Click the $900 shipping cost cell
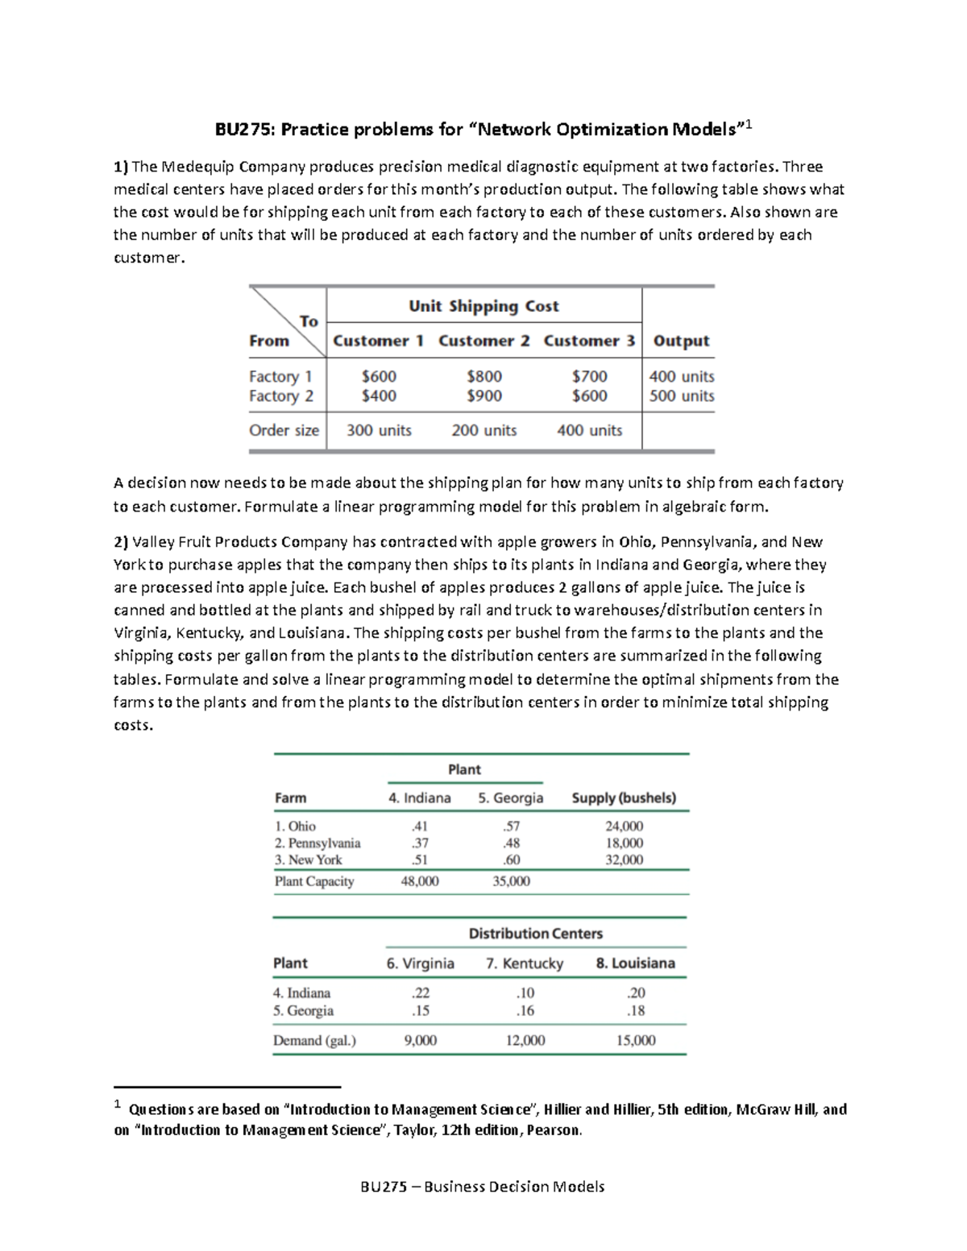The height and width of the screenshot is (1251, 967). [x=483, y=396]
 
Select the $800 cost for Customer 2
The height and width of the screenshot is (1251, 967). [x=483, y=376]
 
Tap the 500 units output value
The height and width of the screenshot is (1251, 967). [x=682, y=396]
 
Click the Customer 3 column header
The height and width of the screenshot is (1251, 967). [x=589, y=341]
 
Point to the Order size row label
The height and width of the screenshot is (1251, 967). [x=284, y=430]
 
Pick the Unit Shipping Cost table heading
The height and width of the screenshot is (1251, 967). [x=483, y=306]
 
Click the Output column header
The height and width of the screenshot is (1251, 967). [x=681, y=341]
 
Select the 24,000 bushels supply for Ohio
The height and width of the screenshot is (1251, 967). [x=624, y=826]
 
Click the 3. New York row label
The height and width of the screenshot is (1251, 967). [x=308, y=860]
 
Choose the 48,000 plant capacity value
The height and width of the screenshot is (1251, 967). [x=420, y=881]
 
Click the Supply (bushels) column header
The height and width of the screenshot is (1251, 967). [x=624, y=797]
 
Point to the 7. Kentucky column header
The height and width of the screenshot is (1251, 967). [x=525, y=963]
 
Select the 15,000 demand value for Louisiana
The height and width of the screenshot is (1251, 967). [x=636, y=1040]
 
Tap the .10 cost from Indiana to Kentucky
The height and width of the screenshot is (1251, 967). [x=525, y=993]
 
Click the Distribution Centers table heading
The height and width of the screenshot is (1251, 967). [x=536, y=934]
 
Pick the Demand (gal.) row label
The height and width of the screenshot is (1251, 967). [x=314, y=1040]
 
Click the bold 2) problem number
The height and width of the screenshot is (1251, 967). [x=121, y=542]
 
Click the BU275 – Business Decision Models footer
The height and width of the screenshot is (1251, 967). [x=483, y=1186]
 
